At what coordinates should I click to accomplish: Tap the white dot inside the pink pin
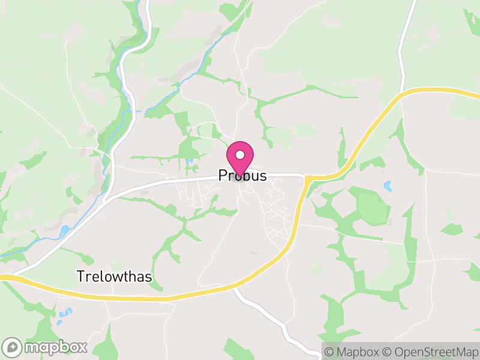pyautogui.click(x=240, y=155)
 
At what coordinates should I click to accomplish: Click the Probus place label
pyautogui.click(x=242, y=175)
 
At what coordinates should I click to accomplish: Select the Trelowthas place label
pyautogui.click(x=114, y=277)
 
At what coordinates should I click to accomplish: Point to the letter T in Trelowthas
pyautogui.click(x=80, y=277)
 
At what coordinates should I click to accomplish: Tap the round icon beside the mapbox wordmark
pyautogui.click(x=13, y=347)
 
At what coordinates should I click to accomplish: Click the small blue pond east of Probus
pyautogui.click(x=388, y=186)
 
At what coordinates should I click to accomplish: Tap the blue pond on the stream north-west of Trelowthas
pyautogui.click(x=64, y=230)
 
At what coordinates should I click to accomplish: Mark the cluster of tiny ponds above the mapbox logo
pyautogui.click(x=64, y=314)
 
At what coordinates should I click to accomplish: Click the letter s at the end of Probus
pyautogui.click(x=262, y=175)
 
